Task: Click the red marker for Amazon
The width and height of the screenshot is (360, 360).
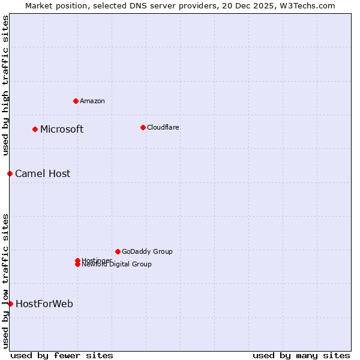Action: (x=76, y=101)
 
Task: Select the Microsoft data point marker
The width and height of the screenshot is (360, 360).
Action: (x=35, y=129)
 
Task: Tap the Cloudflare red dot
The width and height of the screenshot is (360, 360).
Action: (x=143, y=127)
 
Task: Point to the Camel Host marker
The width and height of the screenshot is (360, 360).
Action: (x=10, y=173)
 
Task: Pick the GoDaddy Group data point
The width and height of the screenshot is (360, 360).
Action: (x=118, y=251)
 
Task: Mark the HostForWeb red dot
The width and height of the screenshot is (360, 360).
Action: (x=10, y=304)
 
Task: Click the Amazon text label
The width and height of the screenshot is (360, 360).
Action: (x=92, y=101)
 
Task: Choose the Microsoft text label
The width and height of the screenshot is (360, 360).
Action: (x=62, y=130)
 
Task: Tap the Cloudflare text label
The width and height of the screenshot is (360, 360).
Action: (x=163, y=127)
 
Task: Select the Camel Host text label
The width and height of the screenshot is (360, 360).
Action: (x=43, y=174)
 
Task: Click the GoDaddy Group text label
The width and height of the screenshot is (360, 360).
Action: (x=147, y=251)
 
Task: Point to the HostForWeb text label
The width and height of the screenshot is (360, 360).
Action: (x=44, y=304)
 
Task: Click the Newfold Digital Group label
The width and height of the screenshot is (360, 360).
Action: (x=117, y=265)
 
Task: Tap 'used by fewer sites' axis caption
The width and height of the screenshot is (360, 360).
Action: (x=62, y=356)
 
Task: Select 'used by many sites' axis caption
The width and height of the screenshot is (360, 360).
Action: (x=301, y=356)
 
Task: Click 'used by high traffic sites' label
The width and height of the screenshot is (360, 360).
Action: (x=5, y=85)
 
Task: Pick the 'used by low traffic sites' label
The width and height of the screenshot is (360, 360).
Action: (x=5, y=281)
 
